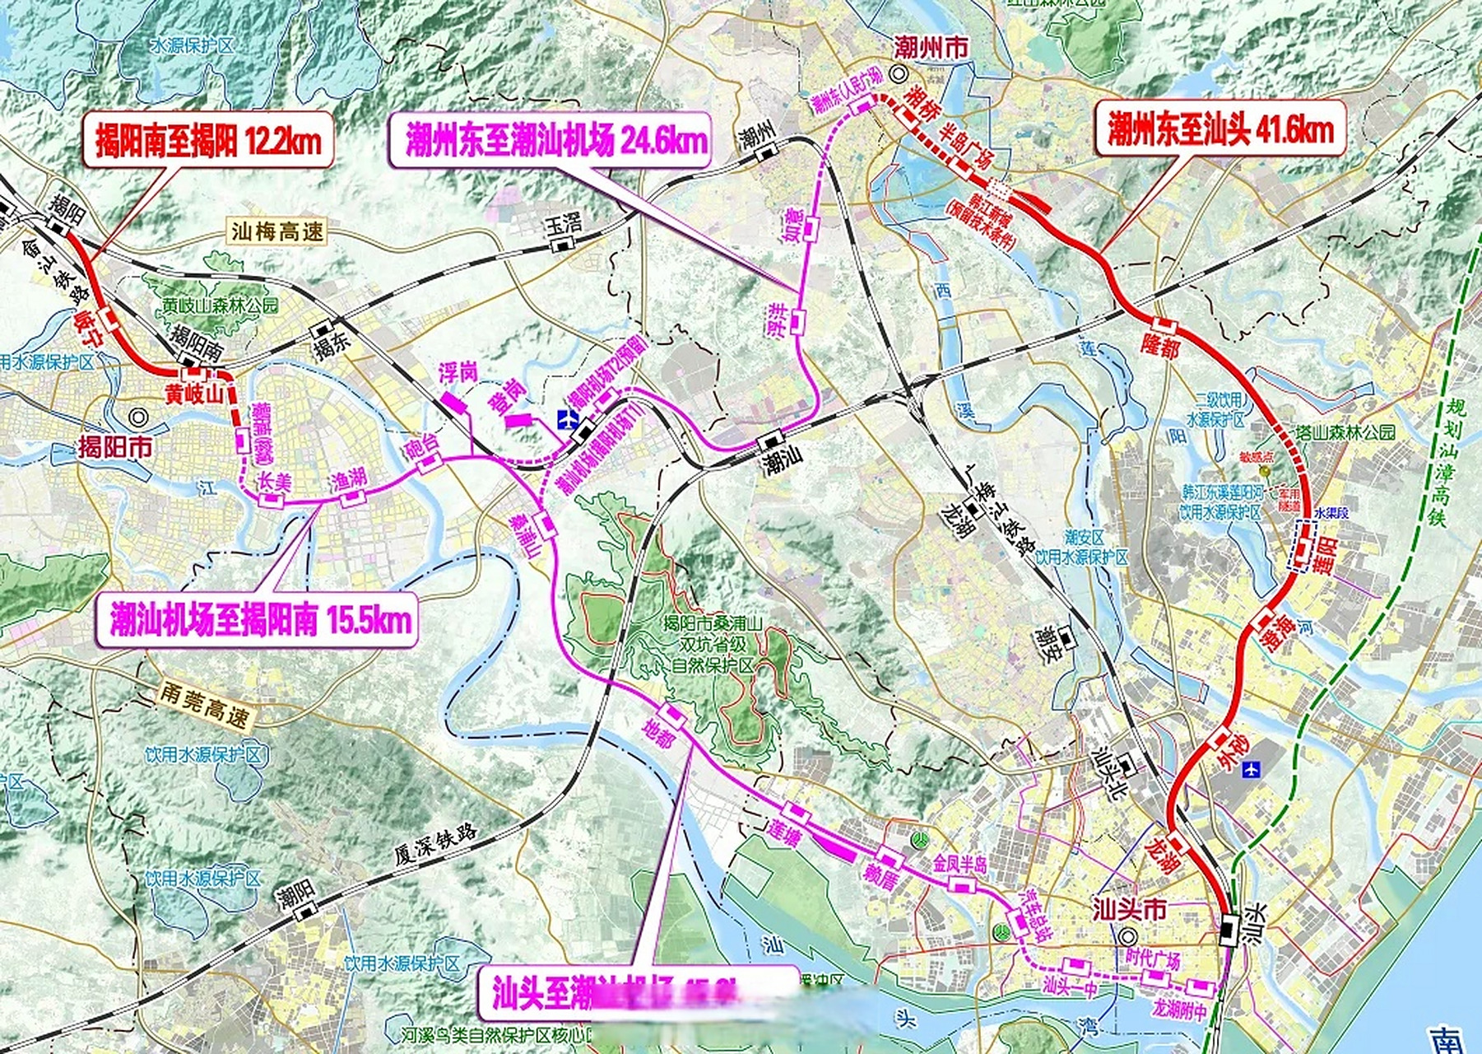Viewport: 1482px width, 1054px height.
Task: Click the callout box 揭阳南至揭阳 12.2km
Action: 208,139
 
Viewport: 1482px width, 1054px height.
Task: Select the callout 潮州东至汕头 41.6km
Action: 1220,128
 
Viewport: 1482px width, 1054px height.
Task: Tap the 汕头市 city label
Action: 1129,911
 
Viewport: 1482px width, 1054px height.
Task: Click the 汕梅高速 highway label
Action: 277,231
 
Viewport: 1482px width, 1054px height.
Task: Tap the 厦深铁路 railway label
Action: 435,843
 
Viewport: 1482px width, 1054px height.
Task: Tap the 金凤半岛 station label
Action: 959,865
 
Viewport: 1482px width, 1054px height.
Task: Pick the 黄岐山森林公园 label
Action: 221,305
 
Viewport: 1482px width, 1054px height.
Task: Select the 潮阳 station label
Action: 296,893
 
